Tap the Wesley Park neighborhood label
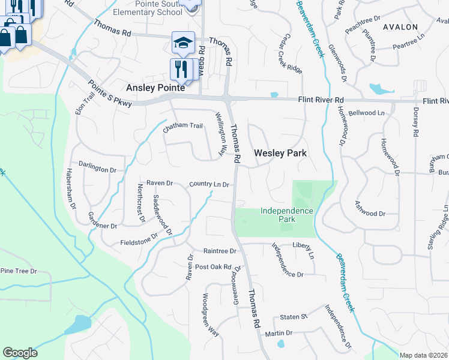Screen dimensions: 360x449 tap(280, 153)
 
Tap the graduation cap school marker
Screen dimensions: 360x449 tap(183, 43)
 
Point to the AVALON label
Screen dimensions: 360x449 tap(400, 27)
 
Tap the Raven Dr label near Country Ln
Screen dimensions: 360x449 tap(159, 182)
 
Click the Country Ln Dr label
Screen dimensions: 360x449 tap(209, 184)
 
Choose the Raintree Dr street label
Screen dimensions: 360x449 tap(220, 251)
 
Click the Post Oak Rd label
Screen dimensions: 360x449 tap(213, 266)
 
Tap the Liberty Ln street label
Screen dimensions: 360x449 tap(303, 245)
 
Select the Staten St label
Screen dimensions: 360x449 tap(294, 316)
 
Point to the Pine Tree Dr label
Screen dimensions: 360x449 tap(18, 271)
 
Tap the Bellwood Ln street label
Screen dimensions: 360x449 tap(366, 112)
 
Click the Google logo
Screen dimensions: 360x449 tap(20, 353)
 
